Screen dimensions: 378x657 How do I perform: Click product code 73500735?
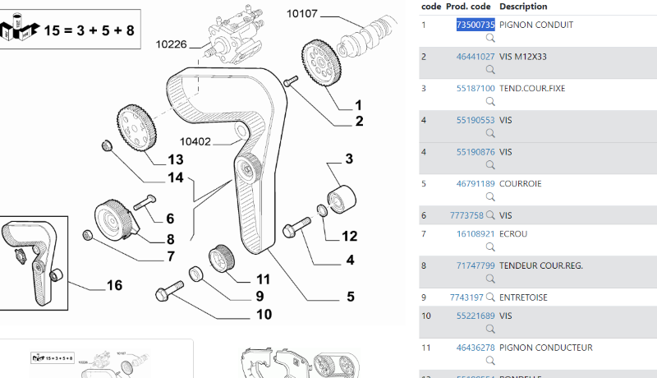tap(476, 25)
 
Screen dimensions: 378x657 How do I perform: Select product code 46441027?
tap(476, 57)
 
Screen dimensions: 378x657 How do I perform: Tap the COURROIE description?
tap(520, 184)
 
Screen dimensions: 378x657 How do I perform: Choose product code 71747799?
tap(476, 265)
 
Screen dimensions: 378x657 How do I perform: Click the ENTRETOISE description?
tap(523, 297)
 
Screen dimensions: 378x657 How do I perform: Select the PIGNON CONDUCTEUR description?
tap(545, 348)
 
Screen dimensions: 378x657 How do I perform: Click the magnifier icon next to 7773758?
tap(490, 215)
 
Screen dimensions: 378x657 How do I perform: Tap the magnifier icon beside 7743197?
tap(490, 297)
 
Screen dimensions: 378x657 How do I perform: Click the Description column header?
tap(523, 7)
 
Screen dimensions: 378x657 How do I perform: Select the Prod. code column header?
tap(468, 7)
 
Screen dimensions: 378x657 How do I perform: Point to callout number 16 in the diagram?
tap(114, 285)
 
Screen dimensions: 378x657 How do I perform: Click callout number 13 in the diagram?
tap(176, 159)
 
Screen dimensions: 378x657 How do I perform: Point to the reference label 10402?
tap(196, 141)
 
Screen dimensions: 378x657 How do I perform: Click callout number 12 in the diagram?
tap(350, 236)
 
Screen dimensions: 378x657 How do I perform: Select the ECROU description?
tap(513, 233)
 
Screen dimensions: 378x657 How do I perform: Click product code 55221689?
tap(476, 316)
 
